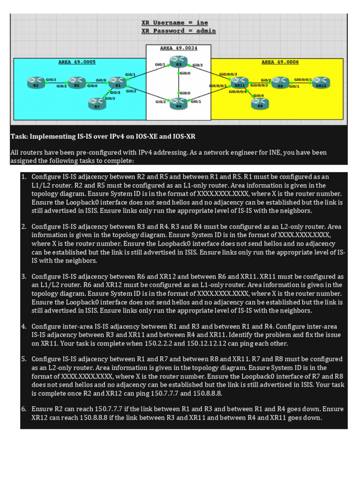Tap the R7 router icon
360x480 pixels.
click(x=97, y=102)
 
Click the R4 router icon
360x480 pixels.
click(x=179, y=101)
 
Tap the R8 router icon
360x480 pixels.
click(x=260, y=101)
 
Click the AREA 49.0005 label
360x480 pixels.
click(x=77, y=62)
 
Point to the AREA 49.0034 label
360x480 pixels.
click(x=179, y=48)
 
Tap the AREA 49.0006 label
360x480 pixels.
click(x=280, y=62)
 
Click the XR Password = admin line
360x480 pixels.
click(x=179, y=31)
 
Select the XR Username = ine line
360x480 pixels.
click(x=175, y=22)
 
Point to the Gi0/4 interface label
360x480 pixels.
click(x=258, y=96)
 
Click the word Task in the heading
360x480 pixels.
click(x=18, y=136)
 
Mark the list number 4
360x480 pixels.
click(x=23, y=326)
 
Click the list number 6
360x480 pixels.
click(x=23, y=409)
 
